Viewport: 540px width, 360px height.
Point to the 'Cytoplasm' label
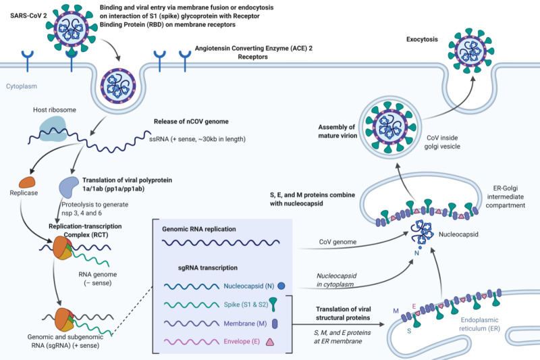tap(24, 87)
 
